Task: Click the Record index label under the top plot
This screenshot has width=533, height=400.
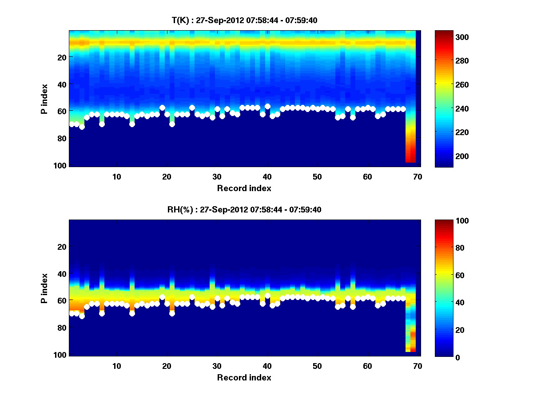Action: point(244,188)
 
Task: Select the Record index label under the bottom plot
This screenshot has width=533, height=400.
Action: point(244,377)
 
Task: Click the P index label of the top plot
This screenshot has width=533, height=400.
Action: point(44,99)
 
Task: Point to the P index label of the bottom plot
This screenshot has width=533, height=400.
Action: point(44,288)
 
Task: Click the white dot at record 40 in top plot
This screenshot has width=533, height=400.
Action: point(267,107)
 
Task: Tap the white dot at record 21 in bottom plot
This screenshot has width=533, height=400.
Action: point(172,313)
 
